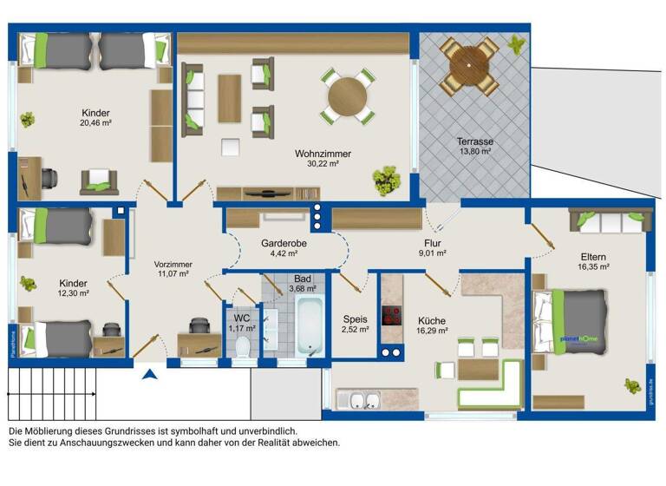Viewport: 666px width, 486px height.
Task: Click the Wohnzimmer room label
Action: (x=322, y=154)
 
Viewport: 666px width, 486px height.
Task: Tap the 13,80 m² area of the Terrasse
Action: (x=474, y=152)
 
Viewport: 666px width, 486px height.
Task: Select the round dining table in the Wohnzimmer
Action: (x=347, y=96)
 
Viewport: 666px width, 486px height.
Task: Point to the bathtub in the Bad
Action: (x=310, y=326)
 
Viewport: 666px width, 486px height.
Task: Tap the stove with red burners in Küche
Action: (x=390, y=313)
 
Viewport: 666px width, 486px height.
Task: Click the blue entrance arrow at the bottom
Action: (x=150, y=375)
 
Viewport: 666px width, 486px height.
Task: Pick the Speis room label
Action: (x=355, y=319)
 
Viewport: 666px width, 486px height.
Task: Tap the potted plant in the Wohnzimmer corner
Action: (x=386, y=181)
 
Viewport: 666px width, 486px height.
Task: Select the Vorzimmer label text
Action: (x=173, y=265)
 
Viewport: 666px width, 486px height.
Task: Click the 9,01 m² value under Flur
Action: (x=434, y=254)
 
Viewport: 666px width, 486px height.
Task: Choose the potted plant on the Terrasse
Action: (x=517, y=43)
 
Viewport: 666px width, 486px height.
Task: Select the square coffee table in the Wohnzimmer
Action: (x=230, y=145)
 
